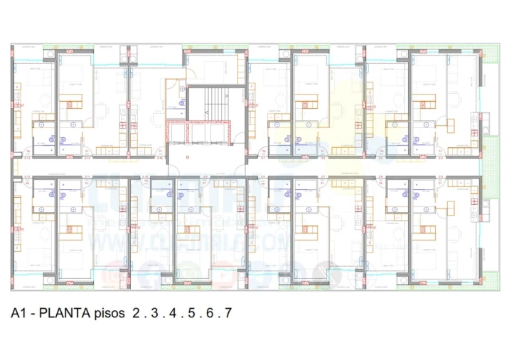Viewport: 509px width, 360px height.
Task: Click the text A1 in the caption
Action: click(x=18, y=313)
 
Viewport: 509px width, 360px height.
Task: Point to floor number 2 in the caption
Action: click(x=136, y=313)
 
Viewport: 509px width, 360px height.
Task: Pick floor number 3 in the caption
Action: click(x=154, y=313)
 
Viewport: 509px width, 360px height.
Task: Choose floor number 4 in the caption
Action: click(x=173, y=313)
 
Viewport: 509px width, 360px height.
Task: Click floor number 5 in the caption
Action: click(x=191, y=313)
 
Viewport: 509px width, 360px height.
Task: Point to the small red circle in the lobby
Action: click(x=188, y=157)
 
